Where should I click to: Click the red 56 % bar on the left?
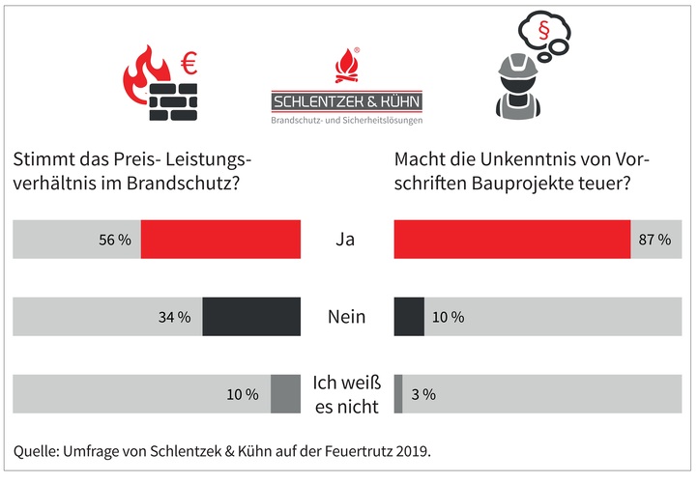point(220,240)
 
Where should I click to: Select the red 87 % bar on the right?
point(512,240)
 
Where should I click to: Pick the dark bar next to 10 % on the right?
point(409,316)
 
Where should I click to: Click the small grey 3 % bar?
point(398,394)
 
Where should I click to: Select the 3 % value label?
point(423,394)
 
